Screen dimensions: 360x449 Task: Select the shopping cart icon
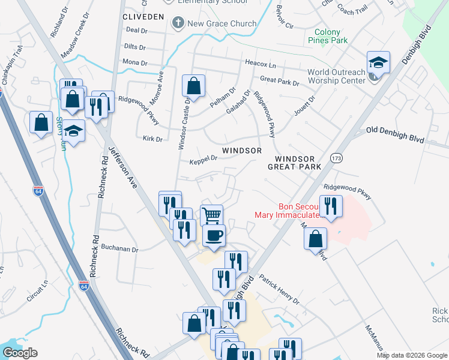pos(211,215)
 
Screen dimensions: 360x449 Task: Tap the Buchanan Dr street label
pos(119,249)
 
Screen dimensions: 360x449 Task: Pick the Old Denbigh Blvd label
pos(395,134)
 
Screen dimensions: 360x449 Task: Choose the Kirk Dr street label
pos(154,139)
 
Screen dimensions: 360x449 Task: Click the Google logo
pos(20,353)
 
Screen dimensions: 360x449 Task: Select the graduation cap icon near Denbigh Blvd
pos(379,62)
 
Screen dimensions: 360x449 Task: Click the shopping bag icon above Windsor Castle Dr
pos(194,85)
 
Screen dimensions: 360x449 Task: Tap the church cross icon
pos(178,23)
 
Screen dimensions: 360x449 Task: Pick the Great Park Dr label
pos(279,80)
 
